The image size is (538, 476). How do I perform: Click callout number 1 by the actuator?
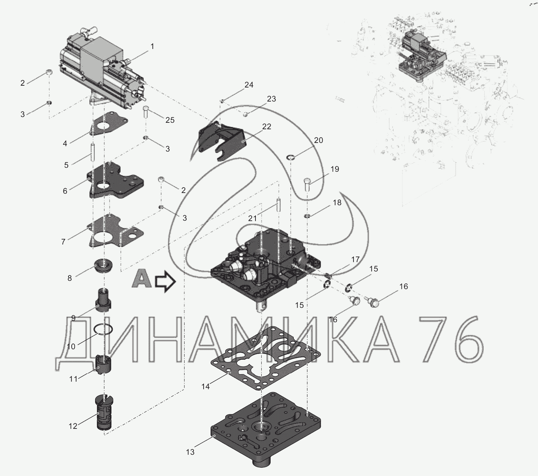pos(152,47)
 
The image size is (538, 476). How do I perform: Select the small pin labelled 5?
pos(93,152)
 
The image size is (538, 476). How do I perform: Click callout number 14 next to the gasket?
pos(205,387)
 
